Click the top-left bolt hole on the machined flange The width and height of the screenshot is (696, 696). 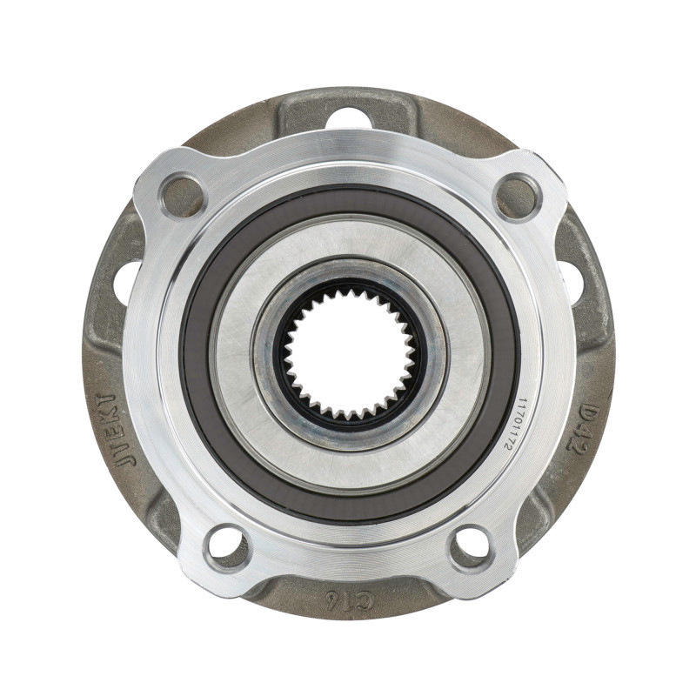pos(183,197)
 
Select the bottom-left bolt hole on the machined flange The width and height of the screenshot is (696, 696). pos(226,546)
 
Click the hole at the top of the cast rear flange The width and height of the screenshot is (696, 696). pos(349,117)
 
